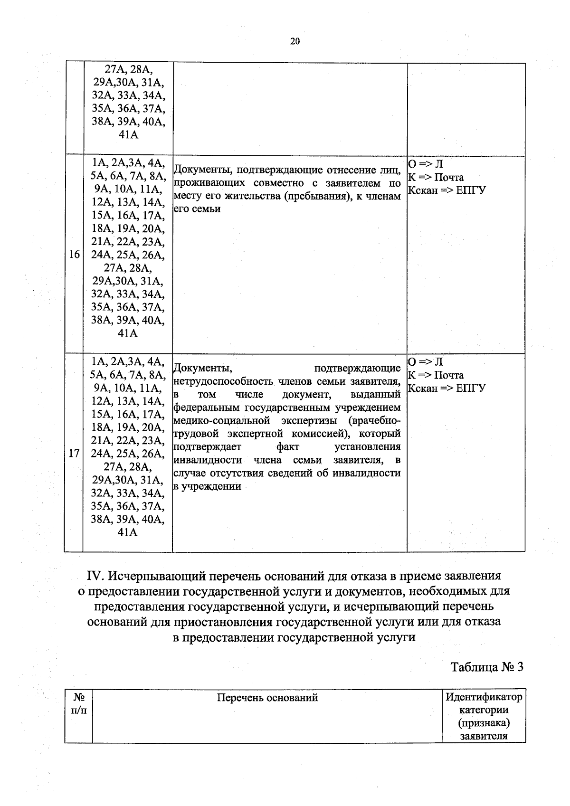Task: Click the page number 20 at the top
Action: coord(294,41)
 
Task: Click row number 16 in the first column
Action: coord(74,255)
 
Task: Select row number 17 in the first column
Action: coord(74,453)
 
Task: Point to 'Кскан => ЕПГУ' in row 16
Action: coord(447,190)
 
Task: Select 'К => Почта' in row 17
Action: coord(436,375)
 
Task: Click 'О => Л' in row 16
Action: coord(426,164)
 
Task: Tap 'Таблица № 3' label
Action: coord(487,667)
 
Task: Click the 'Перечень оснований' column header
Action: coord(267,697)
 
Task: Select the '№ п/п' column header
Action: coord(79,703)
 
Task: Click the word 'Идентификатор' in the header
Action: coord(484,697)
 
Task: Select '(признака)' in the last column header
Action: coord(484,723)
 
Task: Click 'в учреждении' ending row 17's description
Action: coord(208,486)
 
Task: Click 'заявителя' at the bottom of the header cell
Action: coord(484,736)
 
